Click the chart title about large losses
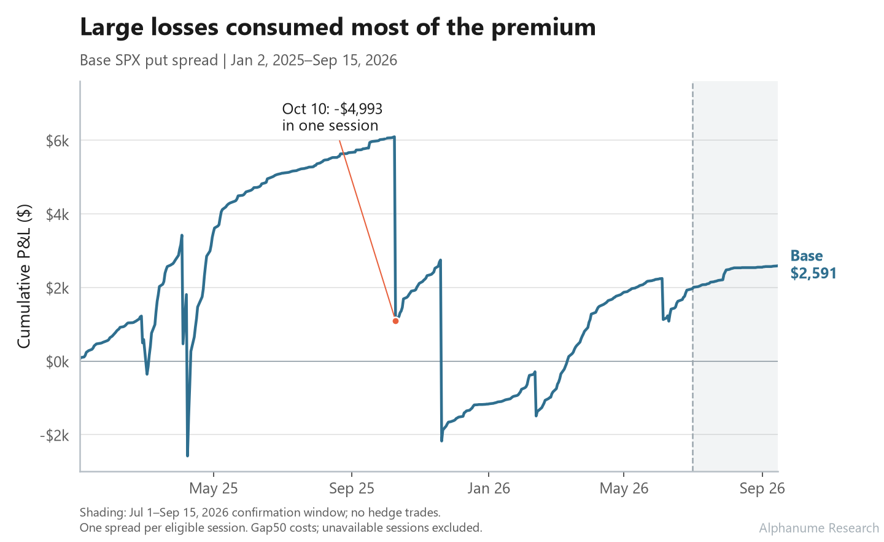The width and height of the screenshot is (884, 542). pos(338,27)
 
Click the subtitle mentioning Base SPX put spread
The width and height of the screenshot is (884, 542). pos(238,60)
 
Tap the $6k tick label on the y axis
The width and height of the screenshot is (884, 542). pos(58,141)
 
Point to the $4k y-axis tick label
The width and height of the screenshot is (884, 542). pos(58,215)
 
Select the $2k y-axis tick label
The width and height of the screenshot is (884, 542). pos(58,288)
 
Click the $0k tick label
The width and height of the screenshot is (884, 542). pos(58,362)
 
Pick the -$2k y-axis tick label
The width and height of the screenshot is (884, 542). pos(55,436)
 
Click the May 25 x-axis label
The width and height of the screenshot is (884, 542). pos(214,489)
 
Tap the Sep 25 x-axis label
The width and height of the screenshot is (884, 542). pos(352,489)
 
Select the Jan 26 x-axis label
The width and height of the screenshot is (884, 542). pos(489,489)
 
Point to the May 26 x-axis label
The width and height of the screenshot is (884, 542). pos(624,489)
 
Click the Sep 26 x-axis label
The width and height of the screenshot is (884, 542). pos(762,489)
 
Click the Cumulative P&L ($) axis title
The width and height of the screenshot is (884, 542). pos(24,277)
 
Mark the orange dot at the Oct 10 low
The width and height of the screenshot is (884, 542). pos(395,321)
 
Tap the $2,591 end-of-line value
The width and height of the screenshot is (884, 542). pos(813,273)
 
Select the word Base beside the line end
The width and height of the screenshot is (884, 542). pos(807,256)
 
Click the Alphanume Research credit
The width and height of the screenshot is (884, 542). pos(820,528)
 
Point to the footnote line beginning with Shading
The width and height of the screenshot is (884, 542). pos(260,513)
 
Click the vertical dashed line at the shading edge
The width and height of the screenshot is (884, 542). pos(692,277)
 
